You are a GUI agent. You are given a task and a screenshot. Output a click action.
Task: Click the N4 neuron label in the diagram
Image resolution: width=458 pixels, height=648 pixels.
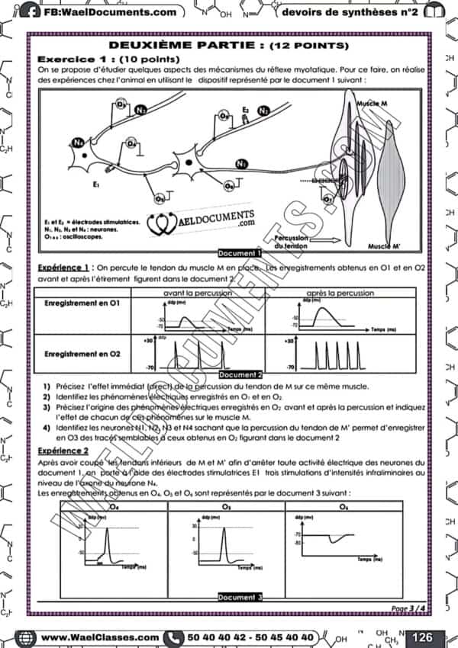tap(78, 143)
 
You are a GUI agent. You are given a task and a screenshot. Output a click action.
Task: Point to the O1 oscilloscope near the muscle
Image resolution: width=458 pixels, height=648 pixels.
tap(328, 200)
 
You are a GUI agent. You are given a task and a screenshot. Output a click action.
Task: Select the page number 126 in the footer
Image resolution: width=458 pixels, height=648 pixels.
tap(421, 637)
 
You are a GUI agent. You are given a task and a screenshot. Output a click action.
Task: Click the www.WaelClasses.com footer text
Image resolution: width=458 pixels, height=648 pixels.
tap(99, 637)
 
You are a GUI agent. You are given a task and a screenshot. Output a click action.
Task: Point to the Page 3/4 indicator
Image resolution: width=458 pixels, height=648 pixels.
tap(409, 608)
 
